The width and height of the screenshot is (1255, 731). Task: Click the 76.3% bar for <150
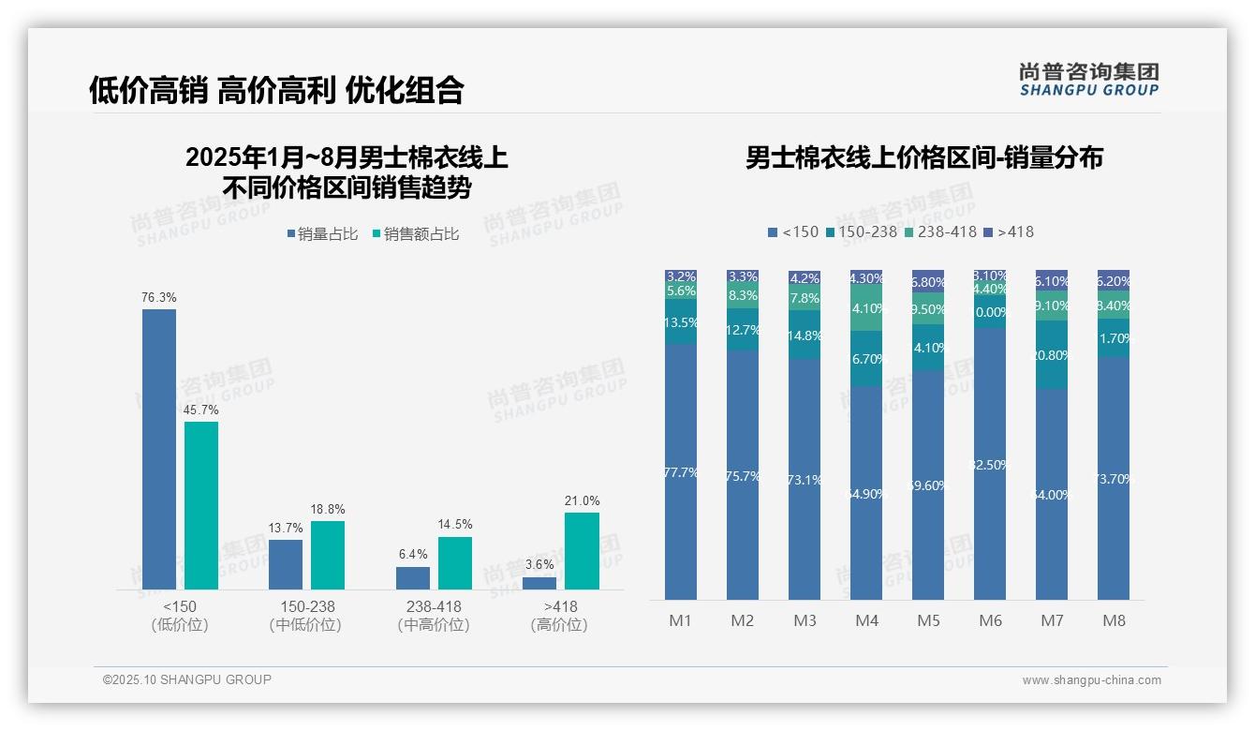click(159, 449)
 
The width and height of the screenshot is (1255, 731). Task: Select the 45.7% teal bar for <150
click(201, 505)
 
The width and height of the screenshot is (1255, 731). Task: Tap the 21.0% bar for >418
click(582, 550)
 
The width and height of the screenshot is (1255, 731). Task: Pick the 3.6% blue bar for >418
click(539, 583)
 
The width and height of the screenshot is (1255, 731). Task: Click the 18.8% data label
click(328, 510)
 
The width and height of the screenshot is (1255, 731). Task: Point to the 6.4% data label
click(413, 555)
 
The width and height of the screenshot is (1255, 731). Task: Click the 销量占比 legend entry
click(321, 234)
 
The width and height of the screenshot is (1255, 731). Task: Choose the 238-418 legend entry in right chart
click(939, 231)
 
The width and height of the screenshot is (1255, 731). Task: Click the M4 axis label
click(866, 620)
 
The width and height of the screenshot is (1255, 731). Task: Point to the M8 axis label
click(1114, 620)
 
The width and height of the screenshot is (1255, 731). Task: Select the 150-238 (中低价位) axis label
click(305, 616)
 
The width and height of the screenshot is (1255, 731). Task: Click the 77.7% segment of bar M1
click(681, 471)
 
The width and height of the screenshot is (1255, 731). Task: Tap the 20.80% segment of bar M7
click(1052, 355)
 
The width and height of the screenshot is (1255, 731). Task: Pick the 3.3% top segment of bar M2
click(743, 276)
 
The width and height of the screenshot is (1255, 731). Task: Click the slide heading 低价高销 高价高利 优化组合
click(276, 90)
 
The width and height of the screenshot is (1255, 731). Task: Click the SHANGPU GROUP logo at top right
click(1088, 80)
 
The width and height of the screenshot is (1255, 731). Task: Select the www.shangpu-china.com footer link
click(1091, 680)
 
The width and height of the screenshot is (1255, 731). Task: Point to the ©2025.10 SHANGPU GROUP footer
click(187, 679)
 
